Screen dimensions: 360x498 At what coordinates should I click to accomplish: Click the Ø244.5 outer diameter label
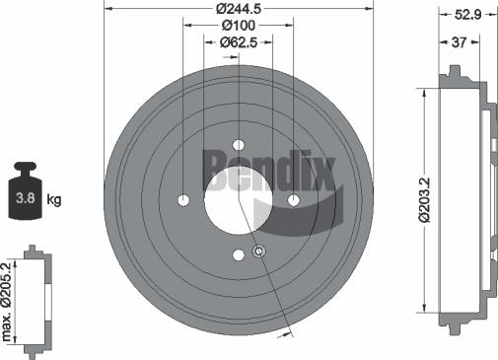point(238,8)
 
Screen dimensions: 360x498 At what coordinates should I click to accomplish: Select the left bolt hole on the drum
point(182,201)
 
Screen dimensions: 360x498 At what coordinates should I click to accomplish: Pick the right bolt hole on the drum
point(293,201)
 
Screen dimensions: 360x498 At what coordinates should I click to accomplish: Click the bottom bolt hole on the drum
point(238,256)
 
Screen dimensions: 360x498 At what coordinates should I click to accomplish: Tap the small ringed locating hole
point(259,252)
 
